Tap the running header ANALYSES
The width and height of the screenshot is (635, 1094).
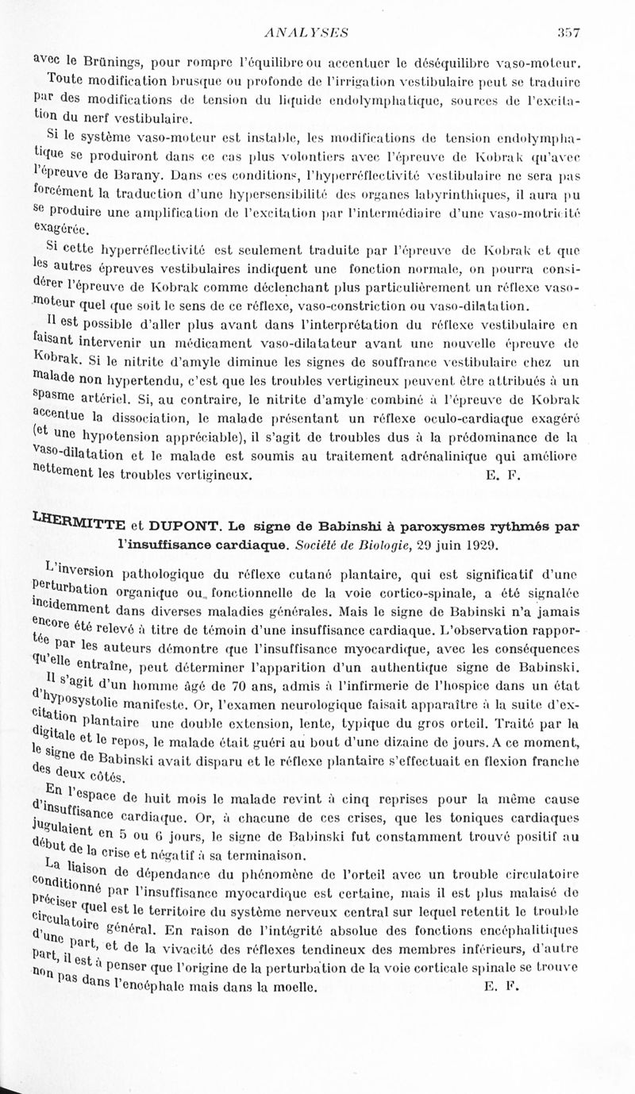click(310, 32)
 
